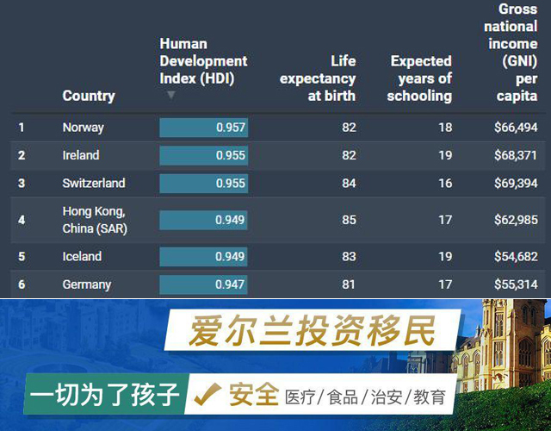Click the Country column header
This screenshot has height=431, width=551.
(x=89, y=96)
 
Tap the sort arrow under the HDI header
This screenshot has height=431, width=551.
(x=171, y=95)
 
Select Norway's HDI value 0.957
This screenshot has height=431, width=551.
(x=231, y=128)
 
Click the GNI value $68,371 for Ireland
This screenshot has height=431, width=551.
(x=516, y=155)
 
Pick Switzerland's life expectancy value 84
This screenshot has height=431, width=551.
(x=349, y=183)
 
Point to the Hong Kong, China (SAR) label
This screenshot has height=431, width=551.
(x=95, y=220)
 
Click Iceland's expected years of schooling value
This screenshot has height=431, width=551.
(x=445, y=256)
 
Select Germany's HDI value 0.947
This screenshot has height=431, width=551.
(x=230, y=284)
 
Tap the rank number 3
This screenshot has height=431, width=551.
(x=22, y=183)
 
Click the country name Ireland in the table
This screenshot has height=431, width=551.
(x=81, y=155)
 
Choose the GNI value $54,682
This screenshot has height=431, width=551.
(x=516, y=256)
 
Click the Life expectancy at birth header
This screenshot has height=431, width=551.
(x=318, y=78)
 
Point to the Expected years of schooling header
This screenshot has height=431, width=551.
(x=419, y=78)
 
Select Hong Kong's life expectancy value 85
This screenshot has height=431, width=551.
(x=349, y=220)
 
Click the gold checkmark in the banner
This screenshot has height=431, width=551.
(x=207, y=393)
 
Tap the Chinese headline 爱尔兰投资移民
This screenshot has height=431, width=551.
(x=313, y=331)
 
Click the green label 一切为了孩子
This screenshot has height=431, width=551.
(x=104, y=395)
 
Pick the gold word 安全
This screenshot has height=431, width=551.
(x=254, y=395)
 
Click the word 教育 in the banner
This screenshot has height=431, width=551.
(x=430, y=397)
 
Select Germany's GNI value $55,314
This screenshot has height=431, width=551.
(x=516, y=284)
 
